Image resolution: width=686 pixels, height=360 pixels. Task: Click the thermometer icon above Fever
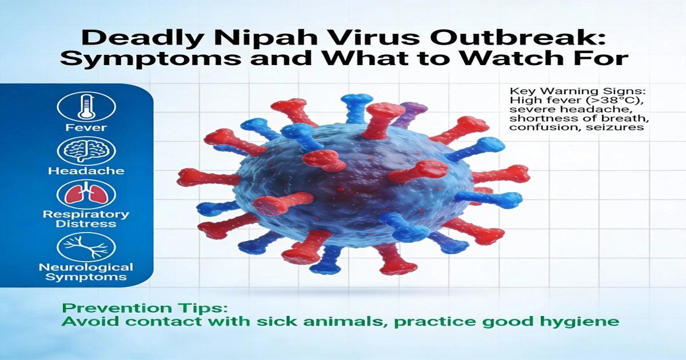tap(87, 106)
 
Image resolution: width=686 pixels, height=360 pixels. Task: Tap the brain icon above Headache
tap(87, 151)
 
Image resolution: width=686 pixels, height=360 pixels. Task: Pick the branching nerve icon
tap(87, 246)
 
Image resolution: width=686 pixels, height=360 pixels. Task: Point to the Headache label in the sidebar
tap(87, 171)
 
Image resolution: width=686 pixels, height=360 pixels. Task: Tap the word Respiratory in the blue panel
tap(87, 215)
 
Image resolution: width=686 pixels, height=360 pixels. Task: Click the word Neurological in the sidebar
tap(87, 267)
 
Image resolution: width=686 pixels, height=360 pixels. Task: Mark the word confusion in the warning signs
tap(532, 127)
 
